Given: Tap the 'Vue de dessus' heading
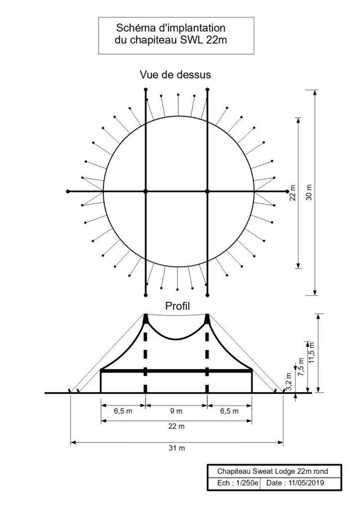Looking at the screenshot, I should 175,75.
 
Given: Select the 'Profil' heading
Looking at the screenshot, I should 177,305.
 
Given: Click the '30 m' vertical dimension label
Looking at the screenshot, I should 308,191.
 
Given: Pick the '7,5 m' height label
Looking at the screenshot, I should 300,368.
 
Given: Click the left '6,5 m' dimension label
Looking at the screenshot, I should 123,412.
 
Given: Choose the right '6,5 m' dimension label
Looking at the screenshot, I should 229,412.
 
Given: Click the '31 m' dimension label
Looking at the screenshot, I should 177,448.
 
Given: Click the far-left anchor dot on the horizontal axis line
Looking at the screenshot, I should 68,191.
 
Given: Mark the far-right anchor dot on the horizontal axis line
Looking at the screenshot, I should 287,191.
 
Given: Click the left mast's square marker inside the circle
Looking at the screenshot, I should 146,191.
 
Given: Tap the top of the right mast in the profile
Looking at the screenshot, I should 207,315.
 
